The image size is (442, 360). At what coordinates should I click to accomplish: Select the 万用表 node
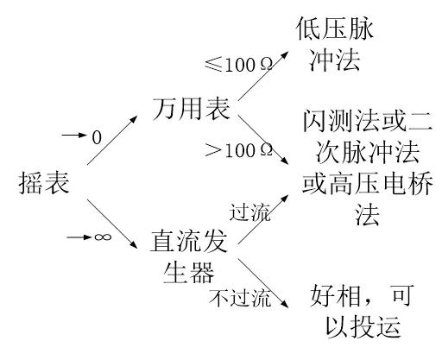[192, 111]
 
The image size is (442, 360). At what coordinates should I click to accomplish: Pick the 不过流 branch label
[240, 300]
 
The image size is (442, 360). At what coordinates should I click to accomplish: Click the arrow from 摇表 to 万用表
[113, 143]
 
